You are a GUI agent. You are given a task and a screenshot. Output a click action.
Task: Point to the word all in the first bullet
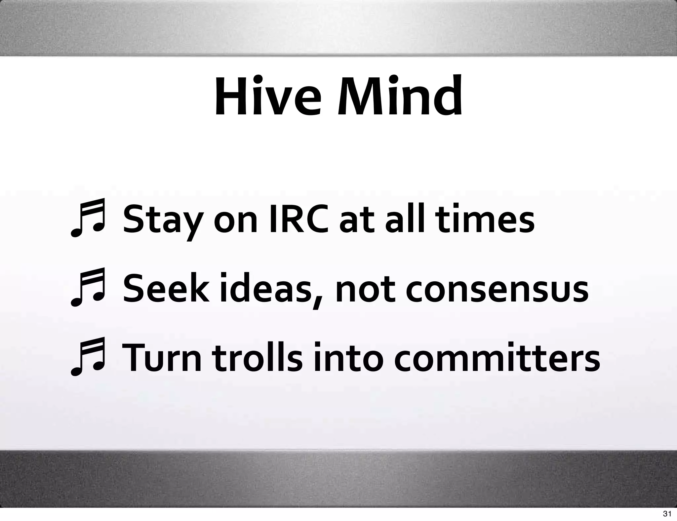[407, 219]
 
